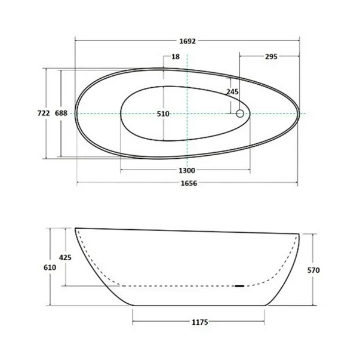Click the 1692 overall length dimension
pyautogui.click(x=187, y=41)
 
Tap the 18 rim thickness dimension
pyautogui.click(x=175, y=57)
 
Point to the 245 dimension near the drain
pyautogui.click(x=232, y=92)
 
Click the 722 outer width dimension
pyautogui.click(x=44, y=113)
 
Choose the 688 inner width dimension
pyautogui.click(x=61, y=113)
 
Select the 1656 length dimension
pyautogui.click(x=187, y=183)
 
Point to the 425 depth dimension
pyautogui.click(x=66, y=257)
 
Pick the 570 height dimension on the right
pyautogui.click(x=314, y=270)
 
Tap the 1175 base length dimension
pyautogui.click(x=199, y=323)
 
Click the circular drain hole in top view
pyautogui.click(x=241, y=113)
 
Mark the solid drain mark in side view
pyautogui.click(x=240, y=286)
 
